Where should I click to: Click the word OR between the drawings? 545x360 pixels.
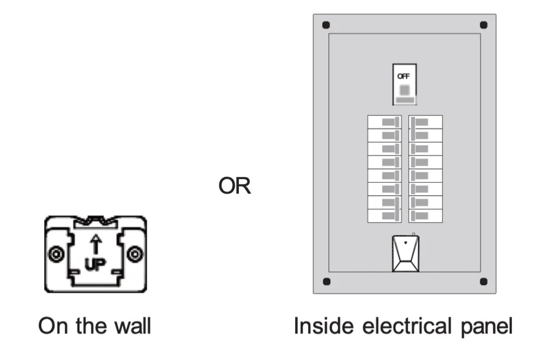tap(234, 187)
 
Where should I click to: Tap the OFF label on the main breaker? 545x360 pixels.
tap(404, 76)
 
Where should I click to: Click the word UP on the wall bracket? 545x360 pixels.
tap(96, 264)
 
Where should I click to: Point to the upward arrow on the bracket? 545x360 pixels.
tap(96, 246)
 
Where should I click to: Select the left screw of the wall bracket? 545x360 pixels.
tap(55, 254)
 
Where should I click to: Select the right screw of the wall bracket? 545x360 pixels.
tap(135, 254)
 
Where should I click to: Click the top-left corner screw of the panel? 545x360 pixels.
tap(326, 25)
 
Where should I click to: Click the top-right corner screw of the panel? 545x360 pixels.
tap(484, 25)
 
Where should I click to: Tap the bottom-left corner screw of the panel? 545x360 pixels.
tap(326, 282)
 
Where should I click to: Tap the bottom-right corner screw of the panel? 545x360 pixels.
tap(484, 282)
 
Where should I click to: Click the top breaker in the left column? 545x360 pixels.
tap(385, 122)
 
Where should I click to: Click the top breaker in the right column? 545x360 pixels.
tap(425, 122)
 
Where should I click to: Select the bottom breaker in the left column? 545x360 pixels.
tap(385, 216)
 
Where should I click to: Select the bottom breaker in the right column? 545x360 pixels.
tap(425, 216)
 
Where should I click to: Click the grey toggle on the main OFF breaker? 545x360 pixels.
tap(404, 90)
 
